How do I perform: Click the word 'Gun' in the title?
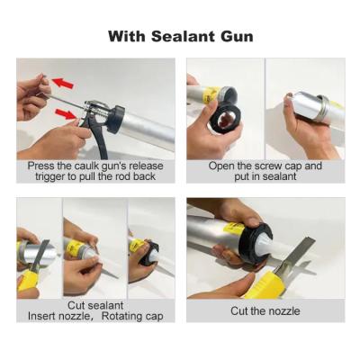coord(236,37)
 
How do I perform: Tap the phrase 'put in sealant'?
coord(265,176)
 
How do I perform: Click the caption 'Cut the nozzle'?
coord(265,311)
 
